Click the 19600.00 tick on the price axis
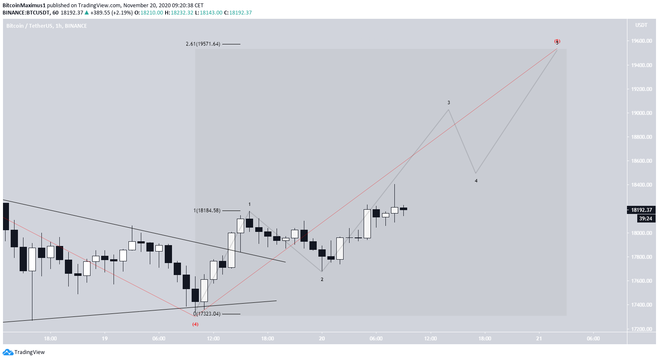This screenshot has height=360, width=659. pyautogui.click(x=642, y=41)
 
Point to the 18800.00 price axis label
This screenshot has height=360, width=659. pyautogui.click(x=642, y=137)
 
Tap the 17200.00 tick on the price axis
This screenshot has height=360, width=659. pyautogui.click(x=642, y=329)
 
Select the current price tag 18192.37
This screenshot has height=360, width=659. pyautogui.click(x=642, y=210)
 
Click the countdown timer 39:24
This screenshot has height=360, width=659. pyautogui.click(x=645, y=219)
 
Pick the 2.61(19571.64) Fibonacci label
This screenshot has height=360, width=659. pyautogui.click(x=203, y=44)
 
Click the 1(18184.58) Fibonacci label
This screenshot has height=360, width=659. pyautogui.click(x=207, y=211)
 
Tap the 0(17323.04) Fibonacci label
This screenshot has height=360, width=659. pyautogui.click(x=207, y=314)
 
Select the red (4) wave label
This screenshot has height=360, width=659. pyautogui.click(x=195, y=324)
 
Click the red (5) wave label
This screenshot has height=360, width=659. pyautogui.click(x=557, y=41)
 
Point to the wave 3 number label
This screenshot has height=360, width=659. pyautogui.click(x=449, y=102)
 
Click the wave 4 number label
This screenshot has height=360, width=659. pyautogui.click(x=476, y=181)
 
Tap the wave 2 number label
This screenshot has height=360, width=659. pyautogui.click(x=322, y=279)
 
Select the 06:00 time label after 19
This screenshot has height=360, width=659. pyautogui.click(x=159, y=339)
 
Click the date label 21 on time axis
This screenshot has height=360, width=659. pyautogui.click(x=539, y=339)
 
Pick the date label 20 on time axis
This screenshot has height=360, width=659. pyautogui.click(x=322, y=339)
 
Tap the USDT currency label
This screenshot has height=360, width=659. pyautogui.click(x=641, y=25)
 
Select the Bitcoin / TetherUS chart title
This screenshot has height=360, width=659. pyautogui.click(x=47, y=26)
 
